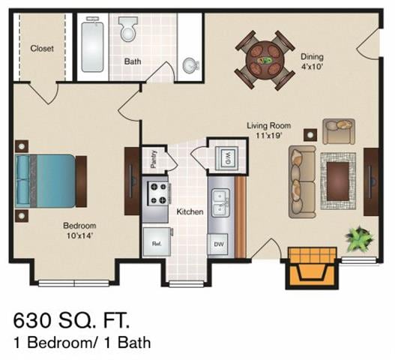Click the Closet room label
[x=41, y=49]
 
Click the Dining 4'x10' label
[x=311, y=61]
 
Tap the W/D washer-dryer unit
[x=224, y=157]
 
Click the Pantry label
[x=154, y=159]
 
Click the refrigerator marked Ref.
[x=157, y=244]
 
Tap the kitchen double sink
[x=220, y=201]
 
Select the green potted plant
[x=359, y=239]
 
